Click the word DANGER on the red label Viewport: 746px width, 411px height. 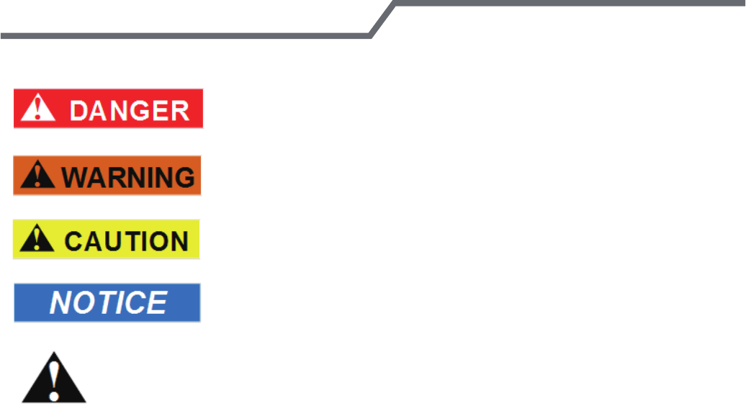[130, 109]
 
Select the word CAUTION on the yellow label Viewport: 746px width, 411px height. [126, 240]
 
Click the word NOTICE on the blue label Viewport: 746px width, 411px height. [108, 303]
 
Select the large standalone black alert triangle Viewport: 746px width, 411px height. [53, 379]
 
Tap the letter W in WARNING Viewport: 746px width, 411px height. [73, 176]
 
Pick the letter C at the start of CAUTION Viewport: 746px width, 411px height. [73, 240]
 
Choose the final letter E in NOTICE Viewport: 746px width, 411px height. [157, 303]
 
